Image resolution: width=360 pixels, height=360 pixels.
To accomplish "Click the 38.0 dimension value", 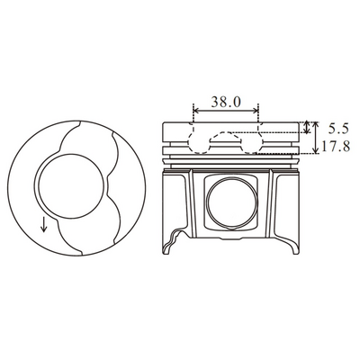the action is [226, 102].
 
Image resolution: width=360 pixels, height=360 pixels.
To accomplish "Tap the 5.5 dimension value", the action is [338, 129].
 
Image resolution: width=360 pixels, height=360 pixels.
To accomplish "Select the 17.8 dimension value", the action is [336, 147].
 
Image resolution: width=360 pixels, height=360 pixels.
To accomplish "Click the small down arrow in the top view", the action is [44, 224].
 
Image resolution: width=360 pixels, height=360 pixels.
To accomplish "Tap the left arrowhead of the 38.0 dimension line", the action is [196, 111].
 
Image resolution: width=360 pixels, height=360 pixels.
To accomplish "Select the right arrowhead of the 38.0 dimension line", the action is [256, 111].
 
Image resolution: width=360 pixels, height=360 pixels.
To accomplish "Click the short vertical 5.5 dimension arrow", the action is [306, 127].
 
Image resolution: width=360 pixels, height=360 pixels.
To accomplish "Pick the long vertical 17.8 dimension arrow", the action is [315, 138].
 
